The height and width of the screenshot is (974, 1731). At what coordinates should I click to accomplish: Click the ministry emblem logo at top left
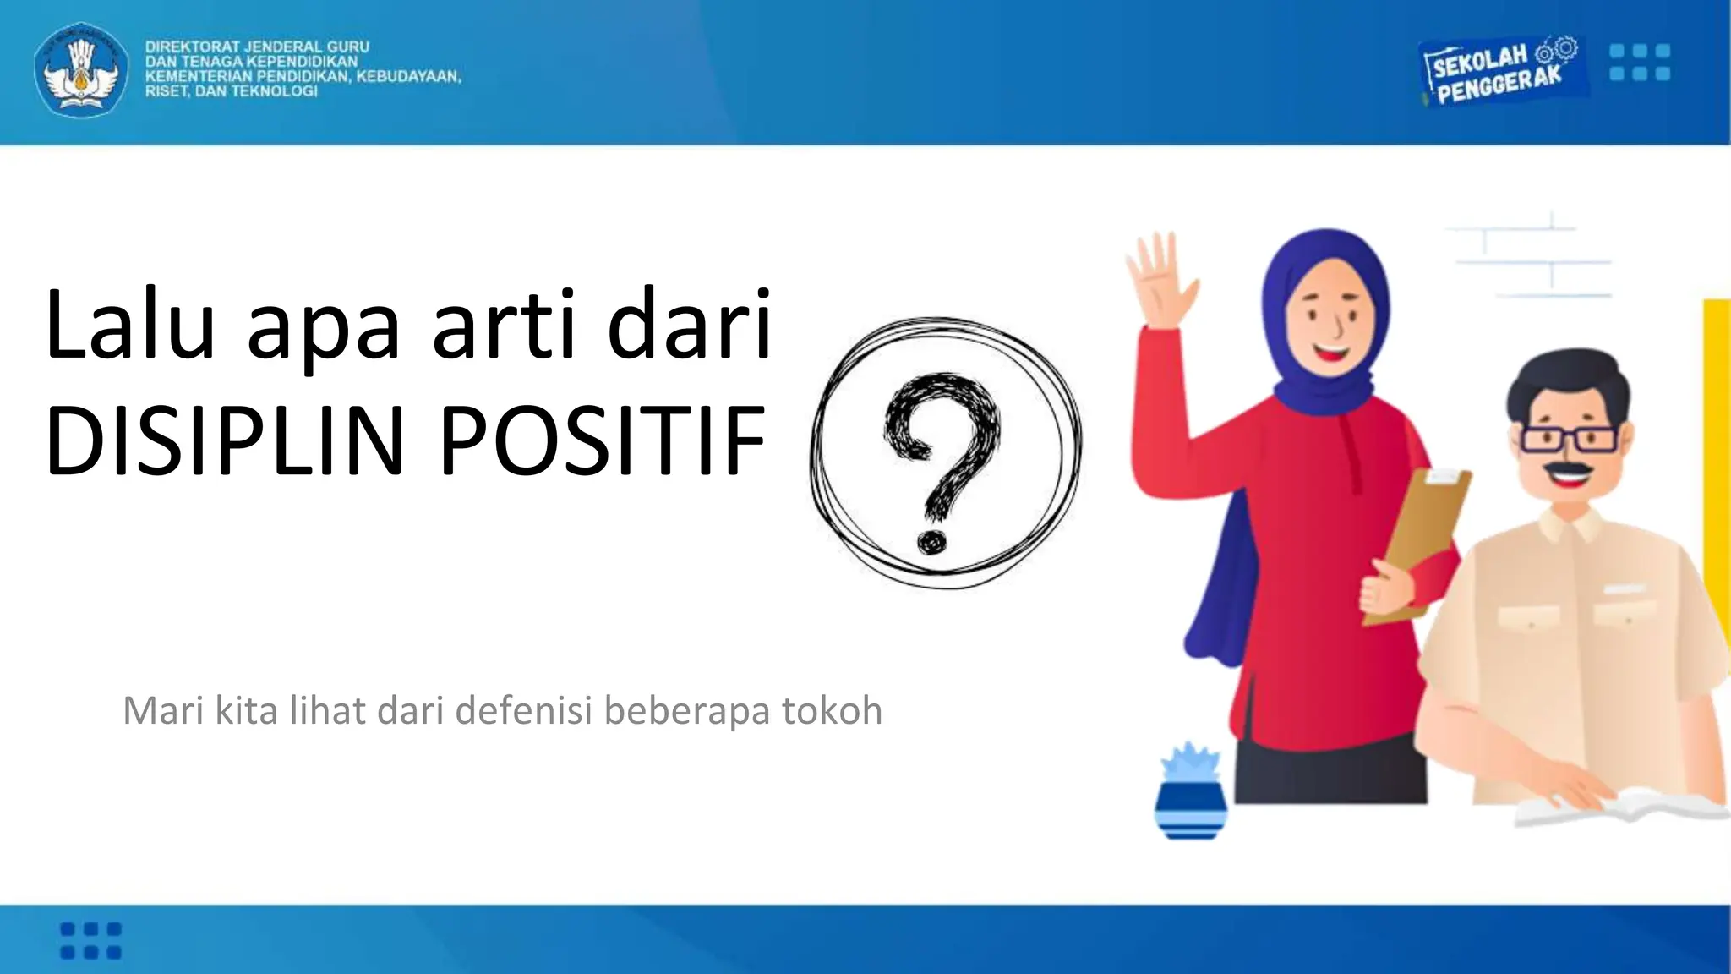[81, 70]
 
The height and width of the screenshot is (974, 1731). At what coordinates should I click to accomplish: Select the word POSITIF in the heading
[602, 441]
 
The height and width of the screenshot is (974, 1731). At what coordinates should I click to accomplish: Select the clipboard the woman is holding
[1420, 541]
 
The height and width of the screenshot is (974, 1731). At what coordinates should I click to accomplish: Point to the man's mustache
[1568, 470]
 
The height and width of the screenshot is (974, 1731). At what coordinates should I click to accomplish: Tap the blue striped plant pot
[1190, 807]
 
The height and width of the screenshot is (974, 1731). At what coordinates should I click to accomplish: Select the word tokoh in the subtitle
[832, 710]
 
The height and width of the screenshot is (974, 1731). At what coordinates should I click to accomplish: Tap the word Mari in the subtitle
[164, 710]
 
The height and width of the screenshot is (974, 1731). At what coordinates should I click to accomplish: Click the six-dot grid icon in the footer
[91, 940]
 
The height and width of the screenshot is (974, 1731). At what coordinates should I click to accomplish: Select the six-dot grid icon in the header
[1639, 62]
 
